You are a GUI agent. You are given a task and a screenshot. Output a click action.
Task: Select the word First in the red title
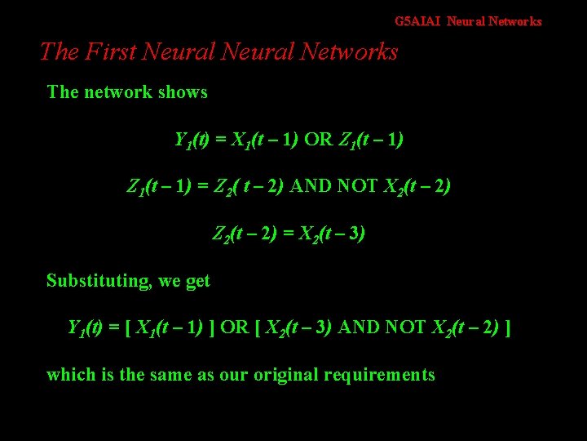[110, 52]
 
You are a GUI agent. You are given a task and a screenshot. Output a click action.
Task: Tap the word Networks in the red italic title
[349, 52]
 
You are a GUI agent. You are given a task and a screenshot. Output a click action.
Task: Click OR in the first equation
[319, 140]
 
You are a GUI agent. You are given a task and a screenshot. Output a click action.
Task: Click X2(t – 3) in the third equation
[329, 234]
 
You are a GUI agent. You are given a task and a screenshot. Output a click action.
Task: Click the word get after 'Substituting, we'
[197, 282]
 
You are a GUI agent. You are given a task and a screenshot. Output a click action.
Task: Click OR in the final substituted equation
[234, 328]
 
